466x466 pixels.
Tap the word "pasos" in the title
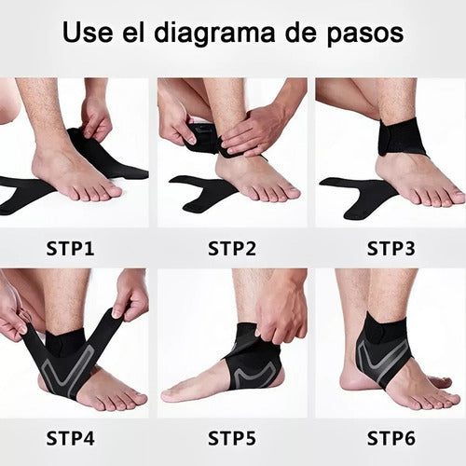point(359,34)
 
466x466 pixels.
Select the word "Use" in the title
point(87,34)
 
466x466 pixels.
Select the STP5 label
point(233,436)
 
